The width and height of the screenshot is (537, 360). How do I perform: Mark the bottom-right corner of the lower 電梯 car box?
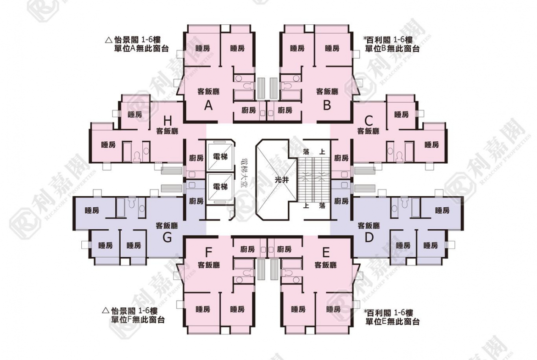(232, 203)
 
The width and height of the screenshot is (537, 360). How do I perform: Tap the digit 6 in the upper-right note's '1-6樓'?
(403, 40)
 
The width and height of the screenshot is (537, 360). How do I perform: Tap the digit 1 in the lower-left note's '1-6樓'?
(140, 311)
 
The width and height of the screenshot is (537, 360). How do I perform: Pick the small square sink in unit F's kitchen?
(263, 249)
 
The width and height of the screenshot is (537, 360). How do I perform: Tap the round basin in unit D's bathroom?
(395, 208)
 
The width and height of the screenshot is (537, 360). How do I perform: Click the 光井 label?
(282, 180)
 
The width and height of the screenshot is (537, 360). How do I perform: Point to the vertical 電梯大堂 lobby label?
(244, 173)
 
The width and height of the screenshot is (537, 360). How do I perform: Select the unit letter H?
(168, 121)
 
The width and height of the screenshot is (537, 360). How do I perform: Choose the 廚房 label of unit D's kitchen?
(341, 201)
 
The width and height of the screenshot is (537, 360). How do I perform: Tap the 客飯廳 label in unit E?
(325, 265)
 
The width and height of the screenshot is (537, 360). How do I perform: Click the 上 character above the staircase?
(322, 152)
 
